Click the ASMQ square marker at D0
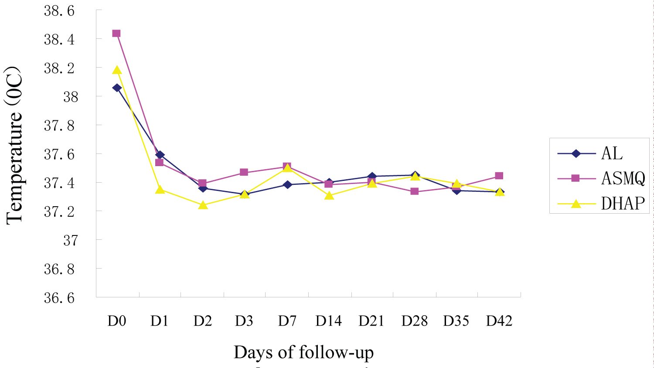[116, 34]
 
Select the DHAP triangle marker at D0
[117, 70]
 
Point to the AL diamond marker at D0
[117, 88]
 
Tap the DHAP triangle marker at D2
[203, 204]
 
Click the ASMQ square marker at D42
[499, 176]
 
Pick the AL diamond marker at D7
[287, 184]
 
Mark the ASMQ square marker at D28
[415, 191]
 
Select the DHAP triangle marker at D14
[329, 195]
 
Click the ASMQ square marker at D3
[244, 172]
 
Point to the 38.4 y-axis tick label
[59, 40]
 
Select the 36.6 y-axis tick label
[59, 298]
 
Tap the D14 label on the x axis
[329, 321]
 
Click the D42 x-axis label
[499, 321]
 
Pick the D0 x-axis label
[117, 321]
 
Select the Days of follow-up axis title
[303, 352]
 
